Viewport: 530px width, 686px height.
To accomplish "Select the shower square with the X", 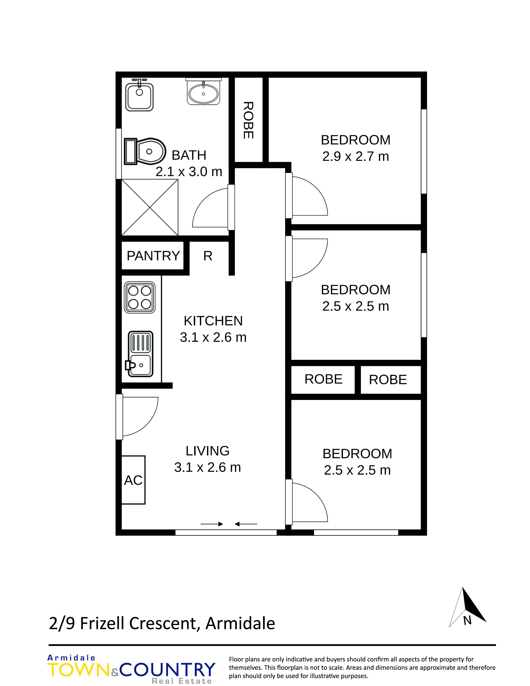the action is pos(150,207).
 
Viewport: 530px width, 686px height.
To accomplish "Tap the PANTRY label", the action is pos(153,256).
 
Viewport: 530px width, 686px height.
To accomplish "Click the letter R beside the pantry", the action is pos(208,256).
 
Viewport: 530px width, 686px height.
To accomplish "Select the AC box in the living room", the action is pos(133,480).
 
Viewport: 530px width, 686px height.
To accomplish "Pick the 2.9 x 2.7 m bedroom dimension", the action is pos(355,156).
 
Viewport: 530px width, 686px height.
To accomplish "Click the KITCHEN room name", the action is pos(213,321).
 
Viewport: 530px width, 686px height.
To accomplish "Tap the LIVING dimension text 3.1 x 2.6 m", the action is pos(208,467).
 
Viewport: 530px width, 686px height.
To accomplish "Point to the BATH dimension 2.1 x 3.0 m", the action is pos(189,171).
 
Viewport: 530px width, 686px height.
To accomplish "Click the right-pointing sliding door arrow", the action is pos(212,524).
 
